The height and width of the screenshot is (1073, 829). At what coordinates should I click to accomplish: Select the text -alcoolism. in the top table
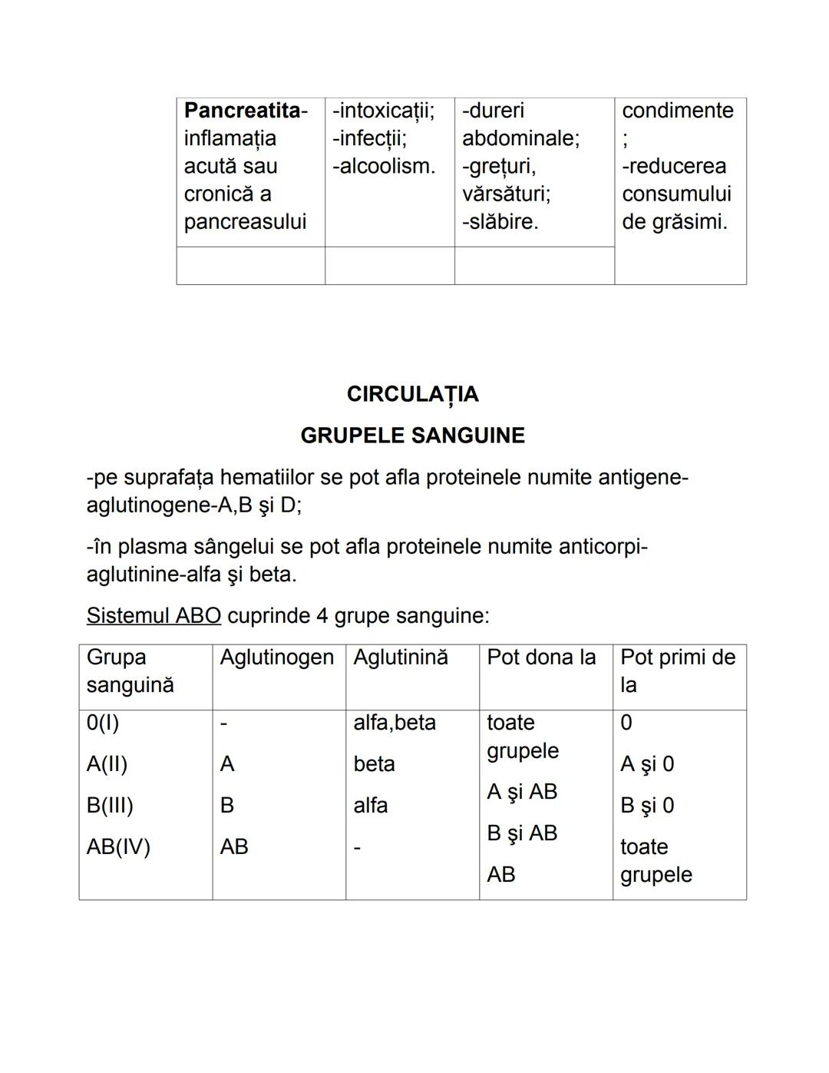383,166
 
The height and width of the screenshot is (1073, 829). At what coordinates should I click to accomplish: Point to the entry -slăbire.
500,221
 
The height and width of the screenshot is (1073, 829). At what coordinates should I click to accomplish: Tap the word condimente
678,111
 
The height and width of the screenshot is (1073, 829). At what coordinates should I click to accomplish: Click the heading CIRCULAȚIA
412,394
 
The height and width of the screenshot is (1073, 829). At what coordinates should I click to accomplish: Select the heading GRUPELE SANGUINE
412,435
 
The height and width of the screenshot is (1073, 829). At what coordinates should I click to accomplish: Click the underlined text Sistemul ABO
154,616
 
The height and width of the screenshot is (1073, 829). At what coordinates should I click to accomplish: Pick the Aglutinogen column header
277,657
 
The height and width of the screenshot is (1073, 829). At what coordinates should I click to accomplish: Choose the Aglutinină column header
401,657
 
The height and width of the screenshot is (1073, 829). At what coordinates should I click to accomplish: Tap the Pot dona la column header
541,657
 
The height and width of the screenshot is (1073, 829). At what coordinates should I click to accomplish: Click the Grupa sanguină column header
130,671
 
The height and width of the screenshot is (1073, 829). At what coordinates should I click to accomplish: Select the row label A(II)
107,764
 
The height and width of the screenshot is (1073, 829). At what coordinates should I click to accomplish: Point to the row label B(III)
110,806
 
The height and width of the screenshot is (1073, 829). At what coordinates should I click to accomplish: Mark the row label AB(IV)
118,847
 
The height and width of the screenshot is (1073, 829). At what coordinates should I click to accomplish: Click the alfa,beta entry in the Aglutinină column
395,723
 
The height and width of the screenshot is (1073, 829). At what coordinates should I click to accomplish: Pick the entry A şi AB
522,792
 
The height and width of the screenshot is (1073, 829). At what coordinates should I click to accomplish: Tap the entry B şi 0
647,806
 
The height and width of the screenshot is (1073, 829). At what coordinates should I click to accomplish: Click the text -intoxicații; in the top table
383,111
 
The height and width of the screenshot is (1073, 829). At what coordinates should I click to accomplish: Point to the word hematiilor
266,478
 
